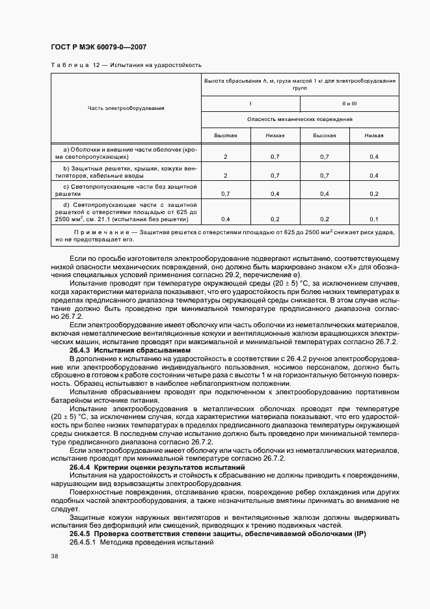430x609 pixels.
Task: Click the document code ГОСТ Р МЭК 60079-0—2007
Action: click(x=96, y=47)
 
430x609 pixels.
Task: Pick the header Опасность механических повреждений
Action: click(x=300, y=120)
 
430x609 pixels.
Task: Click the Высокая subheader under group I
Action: click(x=225, y=135)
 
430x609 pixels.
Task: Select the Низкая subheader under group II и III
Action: click(x=374, y=135)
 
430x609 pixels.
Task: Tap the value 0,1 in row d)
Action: click(x=374, y=219)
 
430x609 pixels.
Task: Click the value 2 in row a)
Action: click(x=225, y=157)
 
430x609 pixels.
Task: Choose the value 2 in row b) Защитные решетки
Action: click(x=225, y=176)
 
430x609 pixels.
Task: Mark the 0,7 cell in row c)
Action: click(x=225, y=194)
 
